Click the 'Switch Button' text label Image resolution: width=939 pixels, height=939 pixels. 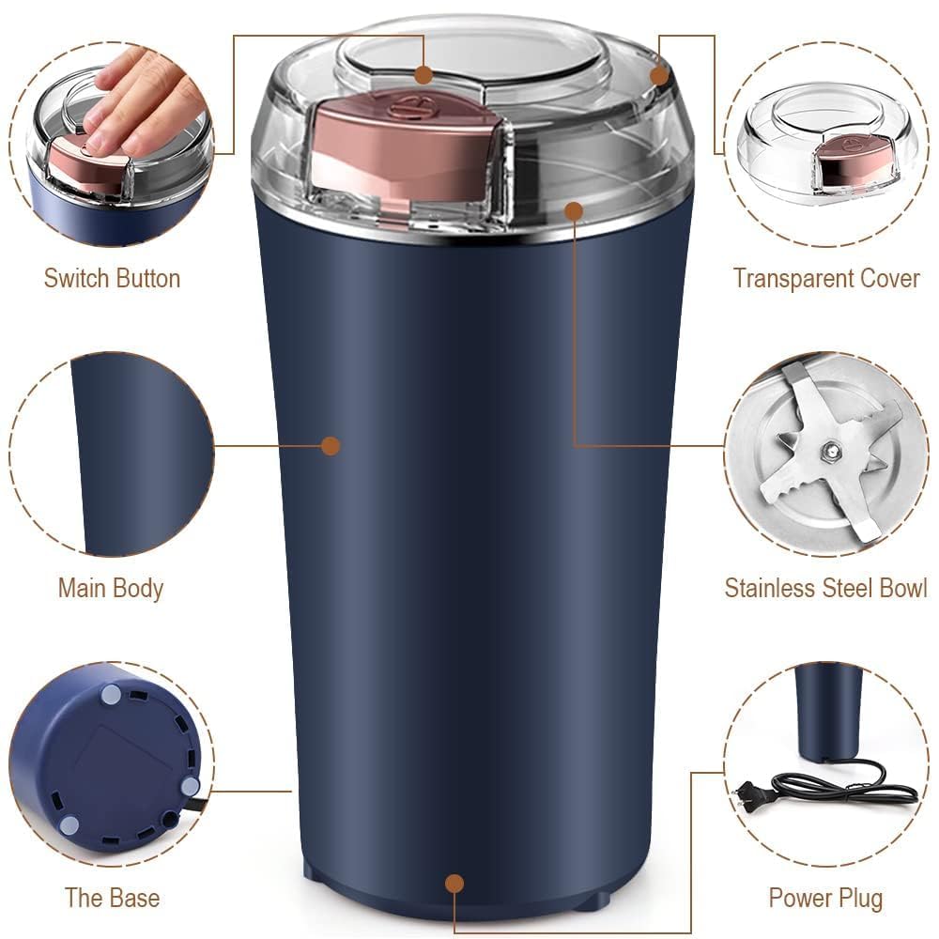[112, 279]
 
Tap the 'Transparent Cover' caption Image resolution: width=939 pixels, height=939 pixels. [826, 279]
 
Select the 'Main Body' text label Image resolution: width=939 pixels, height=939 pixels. [111, 589]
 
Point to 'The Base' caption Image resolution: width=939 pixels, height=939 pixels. [112, 897]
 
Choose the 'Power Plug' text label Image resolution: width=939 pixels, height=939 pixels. [825, 898]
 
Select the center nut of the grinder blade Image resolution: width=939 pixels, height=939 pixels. [830, 452]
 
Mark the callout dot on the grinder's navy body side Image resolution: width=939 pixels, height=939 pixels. [330, 445]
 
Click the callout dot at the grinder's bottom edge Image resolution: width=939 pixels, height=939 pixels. [454, 883]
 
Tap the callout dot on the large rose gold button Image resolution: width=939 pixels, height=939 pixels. [424, 73]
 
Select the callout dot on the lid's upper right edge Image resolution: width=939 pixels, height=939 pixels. [659, 75]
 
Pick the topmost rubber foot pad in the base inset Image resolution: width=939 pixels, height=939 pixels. [111, 695]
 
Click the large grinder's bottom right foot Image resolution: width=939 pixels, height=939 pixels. [590, 902]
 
